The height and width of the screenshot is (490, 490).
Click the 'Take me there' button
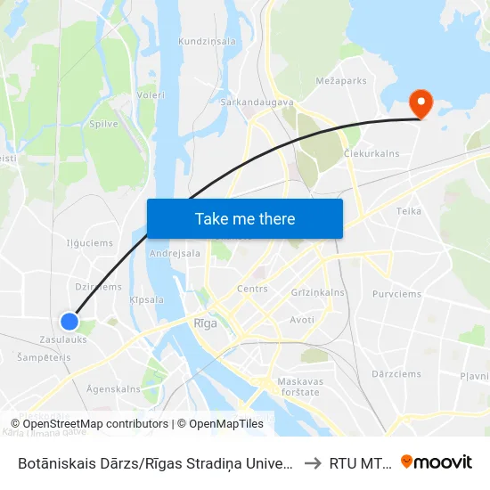point(245,218)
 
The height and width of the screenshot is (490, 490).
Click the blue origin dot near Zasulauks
point(69,321)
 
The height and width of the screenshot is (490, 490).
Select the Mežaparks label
point(341,80)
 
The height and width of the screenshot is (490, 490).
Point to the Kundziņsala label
point(207,41)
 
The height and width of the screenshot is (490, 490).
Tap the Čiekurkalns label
point(372,153)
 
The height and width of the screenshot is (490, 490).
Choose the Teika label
point(408,211)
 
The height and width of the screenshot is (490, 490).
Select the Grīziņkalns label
point(318,292)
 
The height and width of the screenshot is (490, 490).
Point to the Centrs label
point(252,289)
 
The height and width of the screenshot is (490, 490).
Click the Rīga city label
point(205,323)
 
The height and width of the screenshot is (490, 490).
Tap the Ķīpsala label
point(146,300)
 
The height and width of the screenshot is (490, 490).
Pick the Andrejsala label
point(176,253)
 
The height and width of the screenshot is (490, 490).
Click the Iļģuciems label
point(89,242)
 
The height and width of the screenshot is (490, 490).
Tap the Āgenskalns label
point(113,389)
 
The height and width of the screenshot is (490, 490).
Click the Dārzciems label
point(396,374)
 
